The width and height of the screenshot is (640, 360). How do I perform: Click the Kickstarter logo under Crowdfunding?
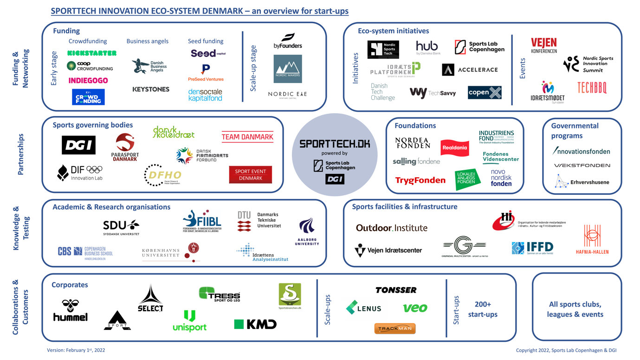[x=91, y=53]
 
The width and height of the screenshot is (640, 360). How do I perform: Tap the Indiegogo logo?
[x=88, y=80]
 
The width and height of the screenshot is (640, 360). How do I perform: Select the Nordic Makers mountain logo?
[x=288, y=69]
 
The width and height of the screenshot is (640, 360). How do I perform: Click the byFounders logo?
[x=288, y=41]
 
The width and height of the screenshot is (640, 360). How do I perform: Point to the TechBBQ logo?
[x=592, y=88]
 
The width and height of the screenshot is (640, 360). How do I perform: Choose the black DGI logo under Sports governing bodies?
[x=78, y=145]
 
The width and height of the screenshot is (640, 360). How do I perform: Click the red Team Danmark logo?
[x=247, y=137]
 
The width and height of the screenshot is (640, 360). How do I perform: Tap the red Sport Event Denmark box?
[x=250, y=174]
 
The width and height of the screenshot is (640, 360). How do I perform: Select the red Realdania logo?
[x=454, y=148]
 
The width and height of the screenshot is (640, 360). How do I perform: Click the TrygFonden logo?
[x=420, y=180]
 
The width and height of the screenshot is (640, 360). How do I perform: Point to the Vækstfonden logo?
[x=582, y=165]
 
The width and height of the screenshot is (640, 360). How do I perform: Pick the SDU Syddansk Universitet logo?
[x=121, y=227]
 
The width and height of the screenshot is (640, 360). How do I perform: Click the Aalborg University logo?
[x=307, y=231]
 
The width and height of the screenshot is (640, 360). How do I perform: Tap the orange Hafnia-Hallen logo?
[x=592, y=239]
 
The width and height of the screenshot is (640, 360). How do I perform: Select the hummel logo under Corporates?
[x=71, y=311]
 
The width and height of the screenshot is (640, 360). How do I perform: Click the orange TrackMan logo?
[x=395, y=328]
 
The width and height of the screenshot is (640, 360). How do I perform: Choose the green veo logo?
[x=415, y=308]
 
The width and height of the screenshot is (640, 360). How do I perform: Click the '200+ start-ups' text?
[x=483, y=309]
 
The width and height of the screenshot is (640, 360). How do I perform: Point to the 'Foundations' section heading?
[x=415, y=126]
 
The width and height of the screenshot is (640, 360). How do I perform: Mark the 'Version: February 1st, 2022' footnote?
[x=76, y=350]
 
